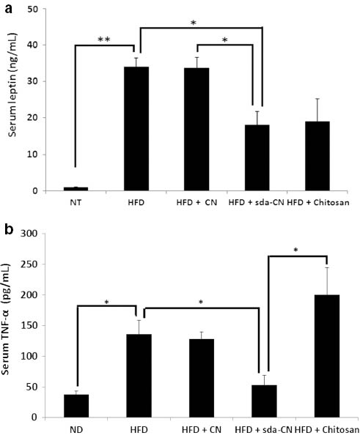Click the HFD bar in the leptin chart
point(137,129)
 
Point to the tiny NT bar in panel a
point(77,189)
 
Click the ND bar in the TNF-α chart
point(77,406)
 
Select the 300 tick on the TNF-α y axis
point(34,234)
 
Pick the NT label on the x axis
point(77,202)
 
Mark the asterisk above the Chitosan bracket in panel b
point(297,250)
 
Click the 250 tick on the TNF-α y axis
point(34,264)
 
